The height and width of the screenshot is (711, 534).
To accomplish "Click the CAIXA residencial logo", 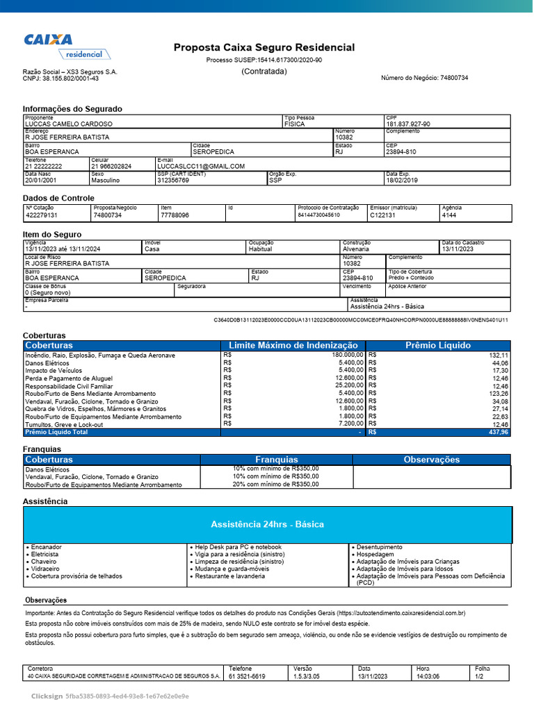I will point(64,46).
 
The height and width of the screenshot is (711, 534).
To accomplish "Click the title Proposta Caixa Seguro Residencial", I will point(264,47).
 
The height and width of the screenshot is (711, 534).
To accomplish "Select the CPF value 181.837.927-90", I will point(408,124).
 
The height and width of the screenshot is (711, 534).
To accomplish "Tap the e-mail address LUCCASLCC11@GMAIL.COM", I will point(201,167).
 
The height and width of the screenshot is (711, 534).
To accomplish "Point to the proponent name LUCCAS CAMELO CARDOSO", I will point(68,124).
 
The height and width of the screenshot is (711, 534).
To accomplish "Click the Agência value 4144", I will point(449,215).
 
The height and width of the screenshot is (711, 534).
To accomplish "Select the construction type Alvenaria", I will point(356,249).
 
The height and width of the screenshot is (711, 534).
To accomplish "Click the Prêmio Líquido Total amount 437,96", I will point(499,432).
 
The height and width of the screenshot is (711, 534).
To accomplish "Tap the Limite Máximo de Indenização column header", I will point(293,345).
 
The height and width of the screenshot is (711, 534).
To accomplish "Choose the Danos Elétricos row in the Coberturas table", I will point(48,363).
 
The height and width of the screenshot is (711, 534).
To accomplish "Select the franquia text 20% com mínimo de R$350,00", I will point(276,484).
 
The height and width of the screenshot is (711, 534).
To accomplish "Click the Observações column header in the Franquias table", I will point(432,460).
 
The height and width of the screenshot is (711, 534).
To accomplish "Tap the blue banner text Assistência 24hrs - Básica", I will point(267,524).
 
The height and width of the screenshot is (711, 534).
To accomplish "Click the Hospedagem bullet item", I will point(375,555).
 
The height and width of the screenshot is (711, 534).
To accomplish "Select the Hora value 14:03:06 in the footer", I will point(428,676).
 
